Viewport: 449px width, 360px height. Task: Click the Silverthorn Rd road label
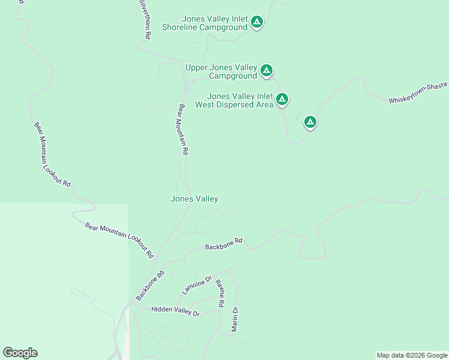(144, 20)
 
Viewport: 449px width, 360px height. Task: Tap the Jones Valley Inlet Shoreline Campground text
(205, 23)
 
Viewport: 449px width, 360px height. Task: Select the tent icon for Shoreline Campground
(257, 23)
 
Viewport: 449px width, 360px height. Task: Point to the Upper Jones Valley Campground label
(221, 71)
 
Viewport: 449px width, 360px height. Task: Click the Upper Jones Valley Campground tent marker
(267, 71)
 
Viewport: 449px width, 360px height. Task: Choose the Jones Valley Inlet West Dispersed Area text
(240, 100)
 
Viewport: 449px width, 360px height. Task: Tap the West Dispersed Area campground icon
(282, 99)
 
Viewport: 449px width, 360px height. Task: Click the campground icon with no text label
(310, 122)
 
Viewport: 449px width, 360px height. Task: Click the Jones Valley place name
(194, 199)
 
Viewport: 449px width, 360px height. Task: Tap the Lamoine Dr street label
(197, 285)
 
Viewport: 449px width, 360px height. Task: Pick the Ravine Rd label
(220, 293)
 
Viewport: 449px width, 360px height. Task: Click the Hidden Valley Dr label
(175, 311)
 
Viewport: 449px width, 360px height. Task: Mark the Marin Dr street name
(235, 319)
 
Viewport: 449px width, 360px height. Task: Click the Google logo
(20, 353)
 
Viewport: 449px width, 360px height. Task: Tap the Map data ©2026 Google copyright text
(412, 355)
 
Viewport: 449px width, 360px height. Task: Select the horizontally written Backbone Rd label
(223, 244)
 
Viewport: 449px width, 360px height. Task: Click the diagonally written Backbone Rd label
(150, 286)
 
